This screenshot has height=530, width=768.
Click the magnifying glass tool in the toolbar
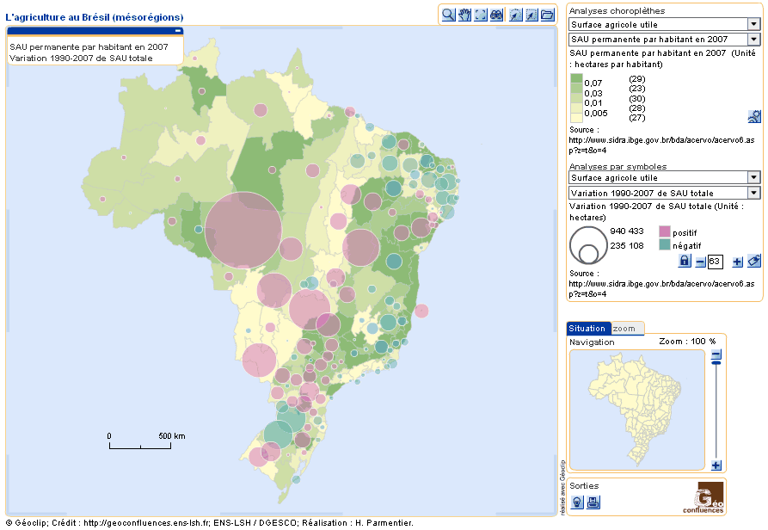(449, 15)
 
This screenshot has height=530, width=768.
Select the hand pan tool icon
(465, 15)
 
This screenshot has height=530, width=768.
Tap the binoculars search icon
(497, 15)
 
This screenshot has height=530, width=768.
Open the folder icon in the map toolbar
(547, 15)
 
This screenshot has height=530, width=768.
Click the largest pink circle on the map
(243, 230)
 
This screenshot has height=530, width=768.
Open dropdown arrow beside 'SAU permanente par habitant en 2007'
(753, 40)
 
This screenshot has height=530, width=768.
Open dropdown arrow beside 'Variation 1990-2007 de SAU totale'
(753, 194)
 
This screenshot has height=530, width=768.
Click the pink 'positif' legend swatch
(664, 232)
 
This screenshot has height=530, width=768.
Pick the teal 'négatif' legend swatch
(664, 245)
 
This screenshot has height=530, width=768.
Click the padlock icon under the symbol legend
(685, 261)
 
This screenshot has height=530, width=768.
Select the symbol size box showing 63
(715, 262)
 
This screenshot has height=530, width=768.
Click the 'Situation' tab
(588, 329)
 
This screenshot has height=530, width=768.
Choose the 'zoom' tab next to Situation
(625, 329)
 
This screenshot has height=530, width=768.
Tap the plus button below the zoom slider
(716, 465)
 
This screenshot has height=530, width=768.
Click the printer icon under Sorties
(593, 502)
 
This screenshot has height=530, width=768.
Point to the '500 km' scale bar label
(172, 436)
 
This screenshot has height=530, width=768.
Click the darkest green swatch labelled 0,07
(576, 79)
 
